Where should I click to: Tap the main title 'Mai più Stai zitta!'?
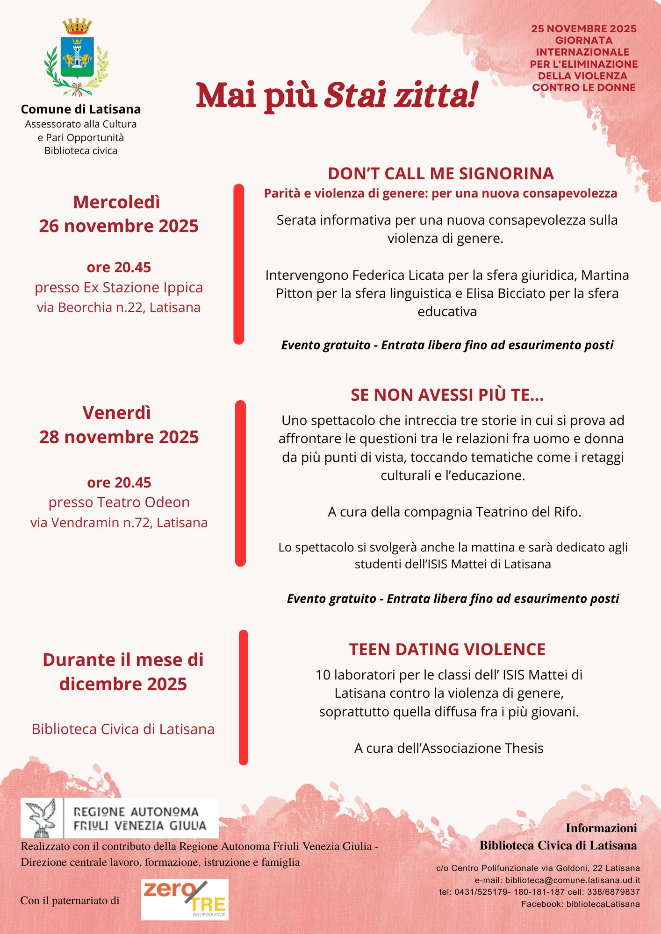coord(337,95)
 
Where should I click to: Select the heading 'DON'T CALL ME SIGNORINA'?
coord(440,174)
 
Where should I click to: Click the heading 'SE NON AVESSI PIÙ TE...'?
coord(447,395)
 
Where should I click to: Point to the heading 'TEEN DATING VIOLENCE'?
coord(447,650)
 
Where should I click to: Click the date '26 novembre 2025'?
coord(119,226)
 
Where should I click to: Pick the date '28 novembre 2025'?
coord(119,437)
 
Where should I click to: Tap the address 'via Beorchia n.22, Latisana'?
coord(119,307)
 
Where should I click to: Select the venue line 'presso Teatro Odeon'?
coord(119,502)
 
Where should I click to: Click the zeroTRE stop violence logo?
coord(185,899)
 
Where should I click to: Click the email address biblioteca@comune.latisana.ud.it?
coord(572,880)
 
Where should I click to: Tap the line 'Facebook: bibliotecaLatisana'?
coord(580,904)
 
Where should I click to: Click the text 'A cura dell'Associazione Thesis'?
coord(449,748)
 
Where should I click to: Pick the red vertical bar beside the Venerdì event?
coord(240,483)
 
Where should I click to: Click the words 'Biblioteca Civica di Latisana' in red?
coord(123,729)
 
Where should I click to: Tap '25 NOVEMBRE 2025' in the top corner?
coord(584,29)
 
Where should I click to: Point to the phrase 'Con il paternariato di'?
coord(70,900)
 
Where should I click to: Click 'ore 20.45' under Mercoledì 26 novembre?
coord(119,267)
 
